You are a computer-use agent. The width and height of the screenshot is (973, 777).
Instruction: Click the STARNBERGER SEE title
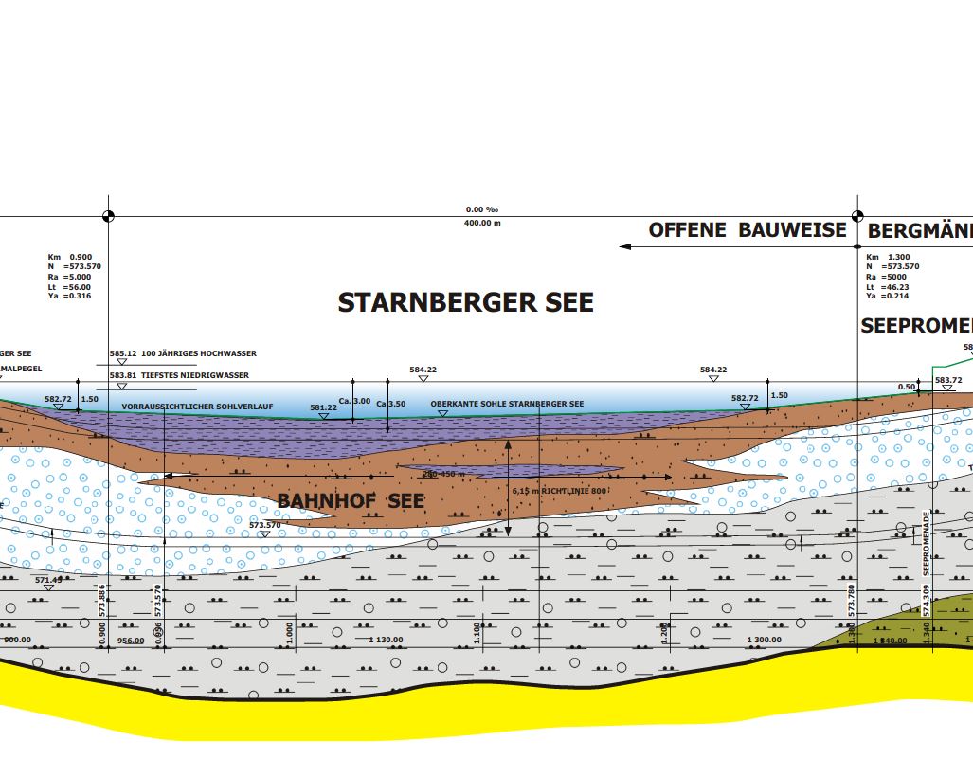[x=465, y=302]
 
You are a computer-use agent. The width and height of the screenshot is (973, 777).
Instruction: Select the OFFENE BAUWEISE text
[x=747, y=229]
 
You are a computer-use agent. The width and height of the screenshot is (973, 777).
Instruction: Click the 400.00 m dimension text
[x=482, y=223]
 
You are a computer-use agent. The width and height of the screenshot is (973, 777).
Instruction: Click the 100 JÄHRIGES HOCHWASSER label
[x=199, y=353]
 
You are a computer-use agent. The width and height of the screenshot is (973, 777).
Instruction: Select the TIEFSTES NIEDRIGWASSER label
[x=195, y=375]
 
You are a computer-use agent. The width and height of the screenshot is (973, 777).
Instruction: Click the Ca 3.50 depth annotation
[x=390, y=405]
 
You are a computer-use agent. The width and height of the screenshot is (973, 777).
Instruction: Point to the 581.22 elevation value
[x=323, y=407]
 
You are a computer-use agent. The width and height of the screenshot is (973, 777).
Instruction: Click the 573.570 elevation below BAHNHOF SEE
[x=265, y=525]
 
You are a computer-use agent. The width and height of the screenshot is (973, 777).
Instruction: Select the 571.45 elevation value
[x=47, y=580]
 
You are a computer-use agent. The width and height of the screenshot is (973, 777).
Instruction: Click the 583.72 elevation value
[x=948, y=380]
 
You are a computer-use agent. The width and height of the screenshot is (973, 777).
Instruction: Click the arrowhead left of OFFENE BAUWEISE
[x=624, y=246]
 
